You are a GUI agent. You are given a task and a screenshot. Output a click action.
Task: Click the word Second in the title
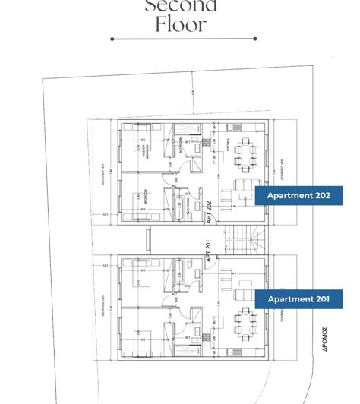point(181,6)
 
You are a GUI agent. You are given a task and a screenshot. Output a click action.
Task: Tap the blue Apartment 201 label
point(298,299)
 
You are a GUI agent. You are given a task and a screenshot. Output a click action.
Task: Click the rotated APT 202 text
point(209,210)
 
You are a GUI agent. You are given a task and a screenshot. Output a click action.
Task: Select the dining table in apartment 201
point(246,324)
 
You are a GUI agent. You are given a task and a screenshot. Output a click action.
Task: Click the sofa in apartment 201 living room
point(242,295)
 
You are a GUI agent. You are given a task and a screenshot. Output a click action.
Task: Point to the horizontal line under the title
point(183,39)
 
